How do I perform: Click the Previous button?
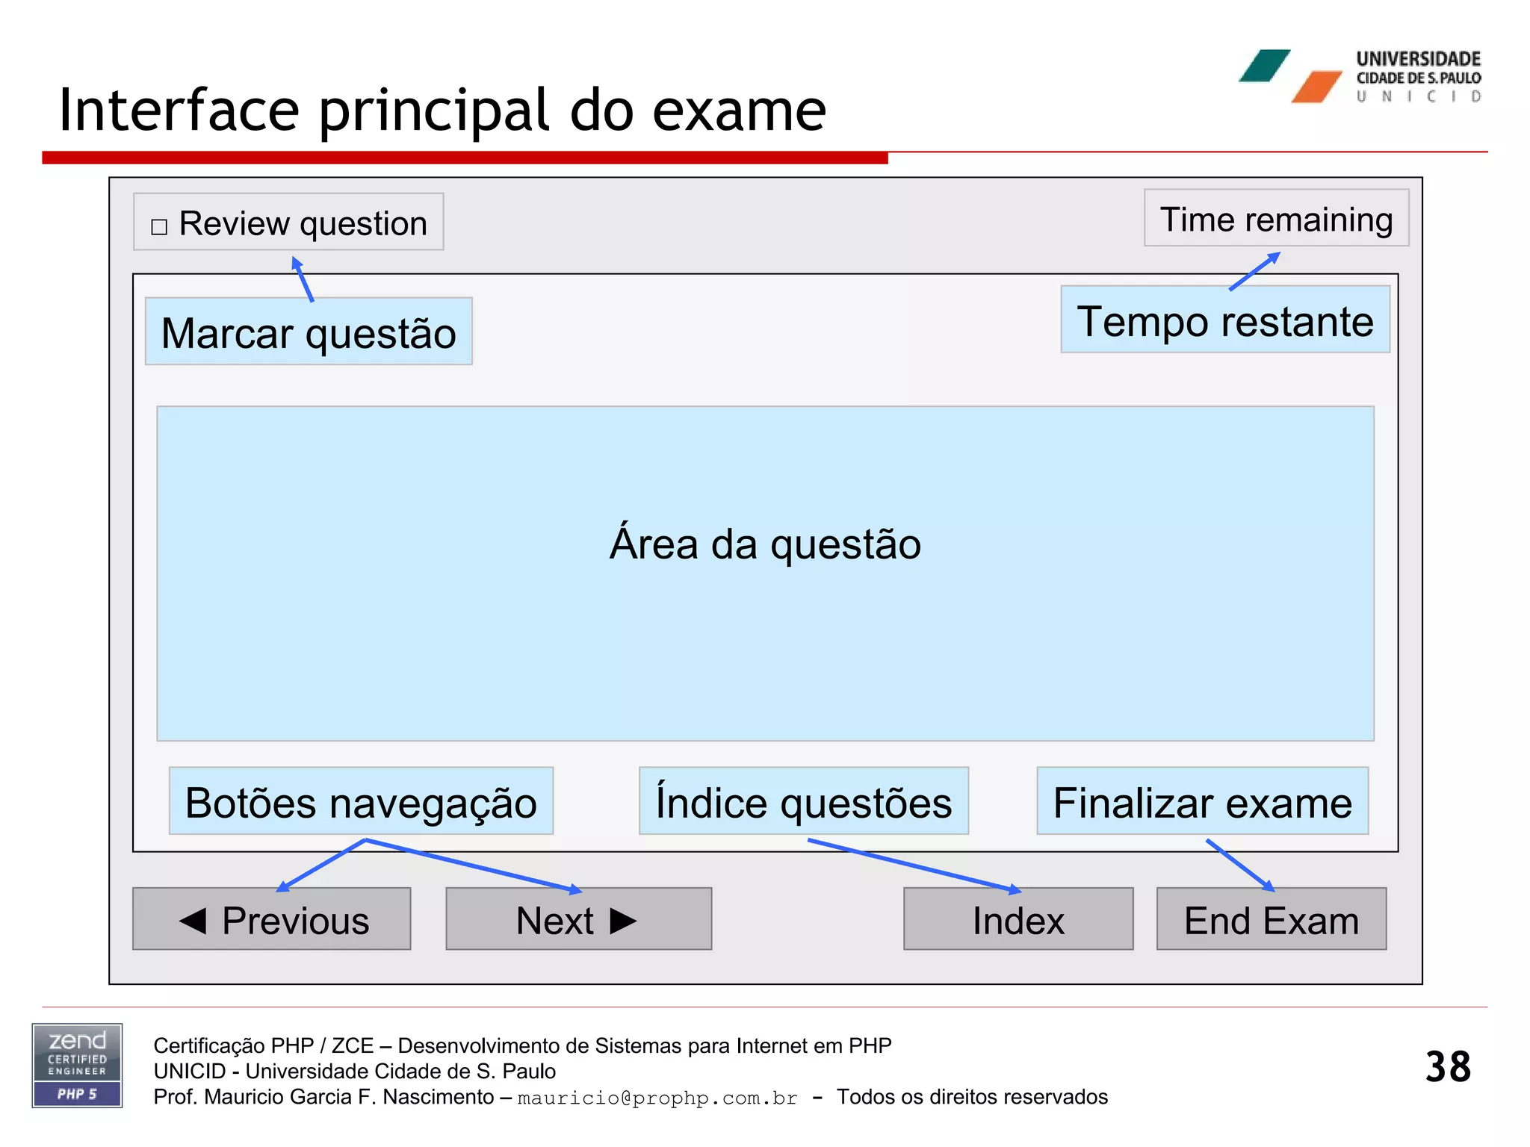tap(272, 919)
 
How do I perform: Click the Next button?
tap(578, 919)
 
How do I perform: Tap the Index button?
tap(1018, 919)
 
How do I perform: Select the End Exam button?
tap(1271, 919)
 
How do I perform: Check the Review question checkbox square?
tap(159, 226)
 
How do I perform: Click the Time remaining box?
tap(1276, 218)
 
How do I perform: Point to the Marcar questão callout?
tap(309, 332)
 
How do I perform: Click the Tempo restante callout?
tap(1224, 320)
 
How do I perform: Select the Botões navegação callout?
tap(361, 801)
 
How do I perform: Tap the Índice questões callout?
tap(803, 801)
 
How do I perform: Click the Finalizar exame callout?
tap(1202, 801)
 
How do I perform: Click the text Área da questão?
tap(765, 544)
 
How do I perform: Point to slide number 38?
tap(1447, 1066)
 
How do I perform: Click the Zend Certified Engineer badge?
tap(77, 1066)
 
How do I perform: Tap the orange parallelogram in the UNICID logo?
tap(1317, 87)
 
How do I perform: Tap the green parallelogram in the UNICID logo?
tap(1264, 66)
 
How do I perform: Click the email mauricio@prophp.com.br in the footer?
tap(657, 1098)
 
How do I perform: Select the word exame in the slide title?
tap(739, 111)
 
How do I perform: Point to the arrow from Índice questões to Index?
tap(913, 865)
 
